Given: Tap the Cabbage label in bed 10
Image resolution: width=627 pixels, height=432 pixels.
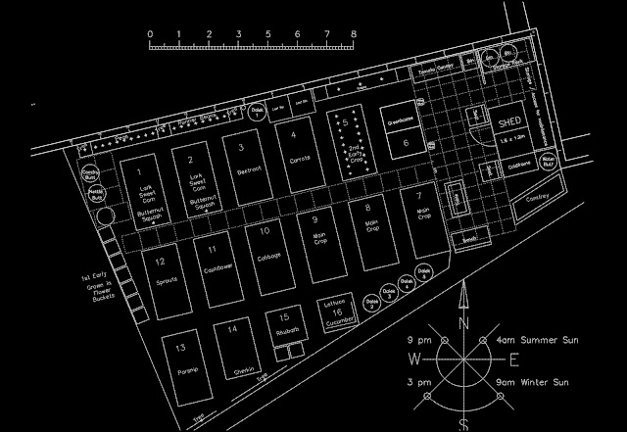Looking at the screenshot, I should pyautogui.click(x=269, y=257).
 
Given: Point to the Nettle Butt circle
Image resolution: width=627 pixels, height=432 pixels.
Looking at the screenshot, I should pyautogui.click(x=96, y=195).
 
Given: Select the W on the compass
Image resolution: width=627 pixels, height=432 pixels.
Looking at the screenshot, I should pyautogui.click(x=414, y=359).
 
